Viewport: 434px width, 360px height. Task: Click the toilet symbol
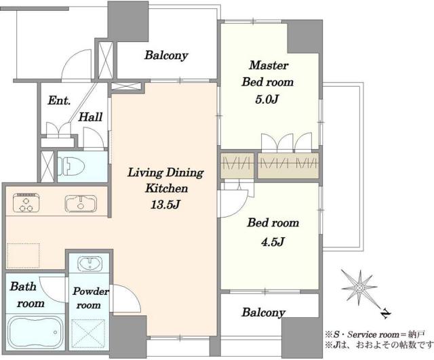[x=71, y=166]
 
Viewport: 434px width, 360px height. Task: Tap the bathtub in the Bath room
[x=35, y=332]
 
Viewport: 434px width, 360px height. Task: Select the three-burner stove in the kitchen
[x=26, y=203]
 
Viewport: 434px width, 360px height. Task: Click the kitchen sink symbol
[x=81, y=203]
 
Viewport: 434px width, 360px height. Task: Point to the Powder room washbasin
[x=90, y=264]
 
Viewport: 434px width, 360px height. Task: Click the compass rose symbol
[x=359, y=287]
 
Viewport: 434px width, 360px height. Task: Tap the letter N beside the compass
[x=385, y=313]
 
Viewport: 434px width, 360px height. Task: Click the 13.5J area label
[x=165, y=205]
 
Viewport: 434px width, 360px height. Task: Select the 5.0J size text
[x=267, y=100]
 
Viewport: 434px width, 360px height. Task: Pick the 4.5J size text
[x=273, y=242]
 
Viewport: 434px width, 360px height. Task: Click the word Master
[x=269, y=65]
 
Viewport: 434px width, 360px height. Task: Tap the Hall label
[x=90, y=117]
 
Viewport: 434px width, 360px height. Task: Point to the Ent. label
[x=59, y=100]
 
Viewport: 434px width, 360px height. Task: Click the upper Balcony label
[x=166, y=56]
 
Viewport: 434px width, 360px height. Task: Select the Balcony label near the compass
[x=263, y=313]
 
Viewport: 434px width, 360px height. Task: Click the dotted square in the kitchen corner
[x=23, y=256]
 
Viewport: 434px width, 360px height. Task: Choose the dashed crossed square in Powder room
[x=89, y=334]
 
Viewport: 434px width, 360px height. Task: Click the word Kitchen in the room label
[x=166, y=188]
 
